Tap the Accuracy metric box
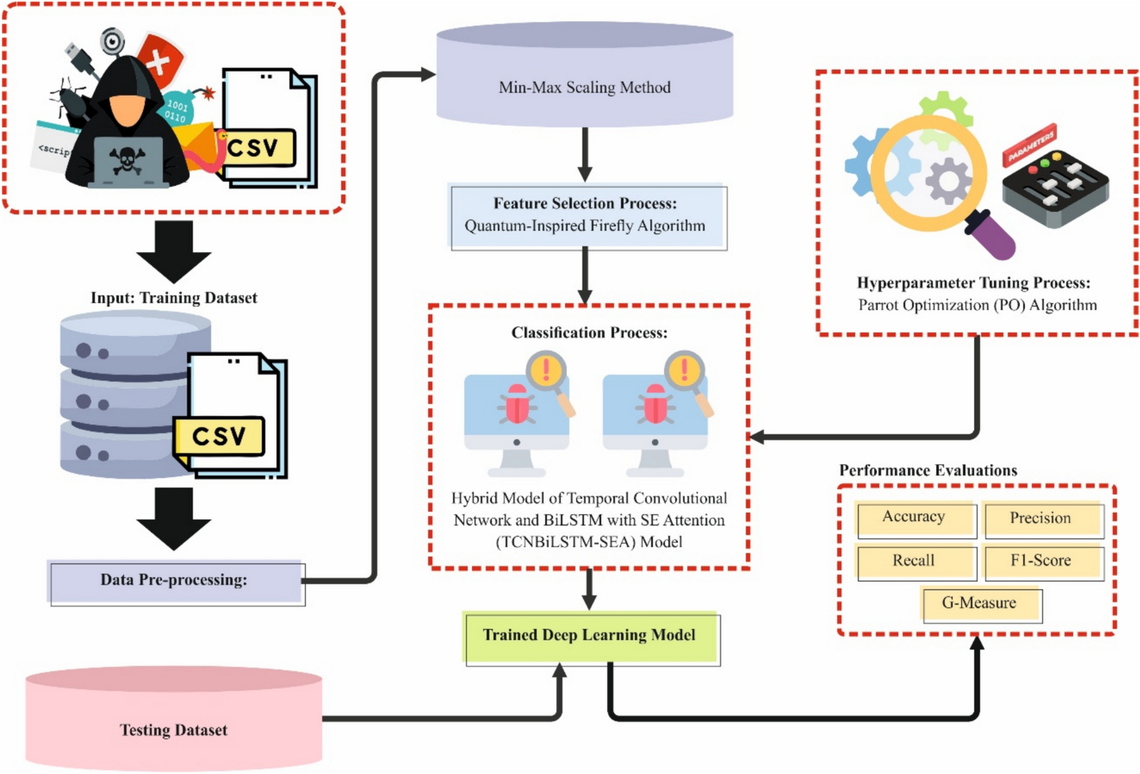[914, 518]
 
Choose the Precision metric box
[1041, 519]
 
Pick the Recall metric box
[914, 561]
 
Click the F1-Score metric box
[1041, 561]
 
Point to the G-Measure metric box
[980, 604]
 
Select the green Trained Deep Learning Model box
[591, 636]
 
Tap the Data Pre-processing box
[175, 581]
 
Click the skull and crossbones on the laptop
[126, 160]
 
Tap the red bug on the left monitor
[517, 404]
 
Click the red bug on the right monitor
[655, 404]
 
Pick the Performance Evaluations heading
[928, 470]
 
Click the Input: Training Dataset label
[174, 298]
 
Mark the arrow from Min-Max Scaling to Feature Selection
[585, 154]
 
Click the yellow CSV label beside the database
[219, 436]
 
